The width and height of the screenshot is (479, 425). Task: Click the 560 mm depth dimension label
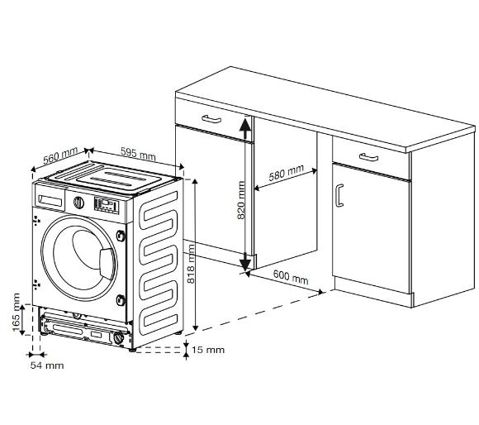coord(60,157)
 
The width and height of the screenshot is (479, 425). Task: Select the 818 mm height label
coord(190,264)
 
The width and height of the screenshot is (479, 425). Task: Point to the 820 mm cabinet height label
coord(241,200)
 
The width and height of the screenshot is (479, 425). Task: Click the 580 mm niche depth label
coord(287,173)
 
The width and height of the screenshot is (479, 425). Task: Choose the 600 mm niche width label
coord(291,277)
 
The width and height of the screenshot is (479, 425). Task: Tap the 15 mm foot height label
coord(208,350)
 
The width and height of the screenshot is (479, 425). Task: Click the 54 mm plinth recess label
coord(47,365)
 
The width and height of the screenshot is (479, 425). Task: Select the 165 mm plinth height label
coord(17,313)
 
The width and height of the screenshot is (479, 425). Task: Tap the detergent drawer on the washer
coord(50,200)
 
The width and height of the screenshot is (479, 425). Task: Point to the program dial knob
coord(78,203)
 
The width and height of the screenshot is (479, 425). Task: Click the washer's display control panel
coord(106,205)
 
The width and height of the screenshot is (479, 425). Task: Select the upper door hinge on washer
coord(121,235)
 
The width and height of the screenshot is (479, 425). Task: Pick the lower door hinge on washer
coord(121,300)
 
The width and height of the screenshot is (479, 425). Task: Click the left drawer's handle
coord(211,119)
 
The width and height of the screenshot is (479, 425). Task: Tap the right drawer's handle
coord(368,157)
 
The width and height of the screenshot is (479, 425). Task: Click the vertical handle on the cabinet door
coord(339,196)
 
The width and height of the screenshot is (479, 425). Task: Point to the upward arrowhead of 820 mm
coord(245,125)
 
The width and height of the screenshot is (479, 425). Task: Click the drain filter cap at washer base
coord(119,338)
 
